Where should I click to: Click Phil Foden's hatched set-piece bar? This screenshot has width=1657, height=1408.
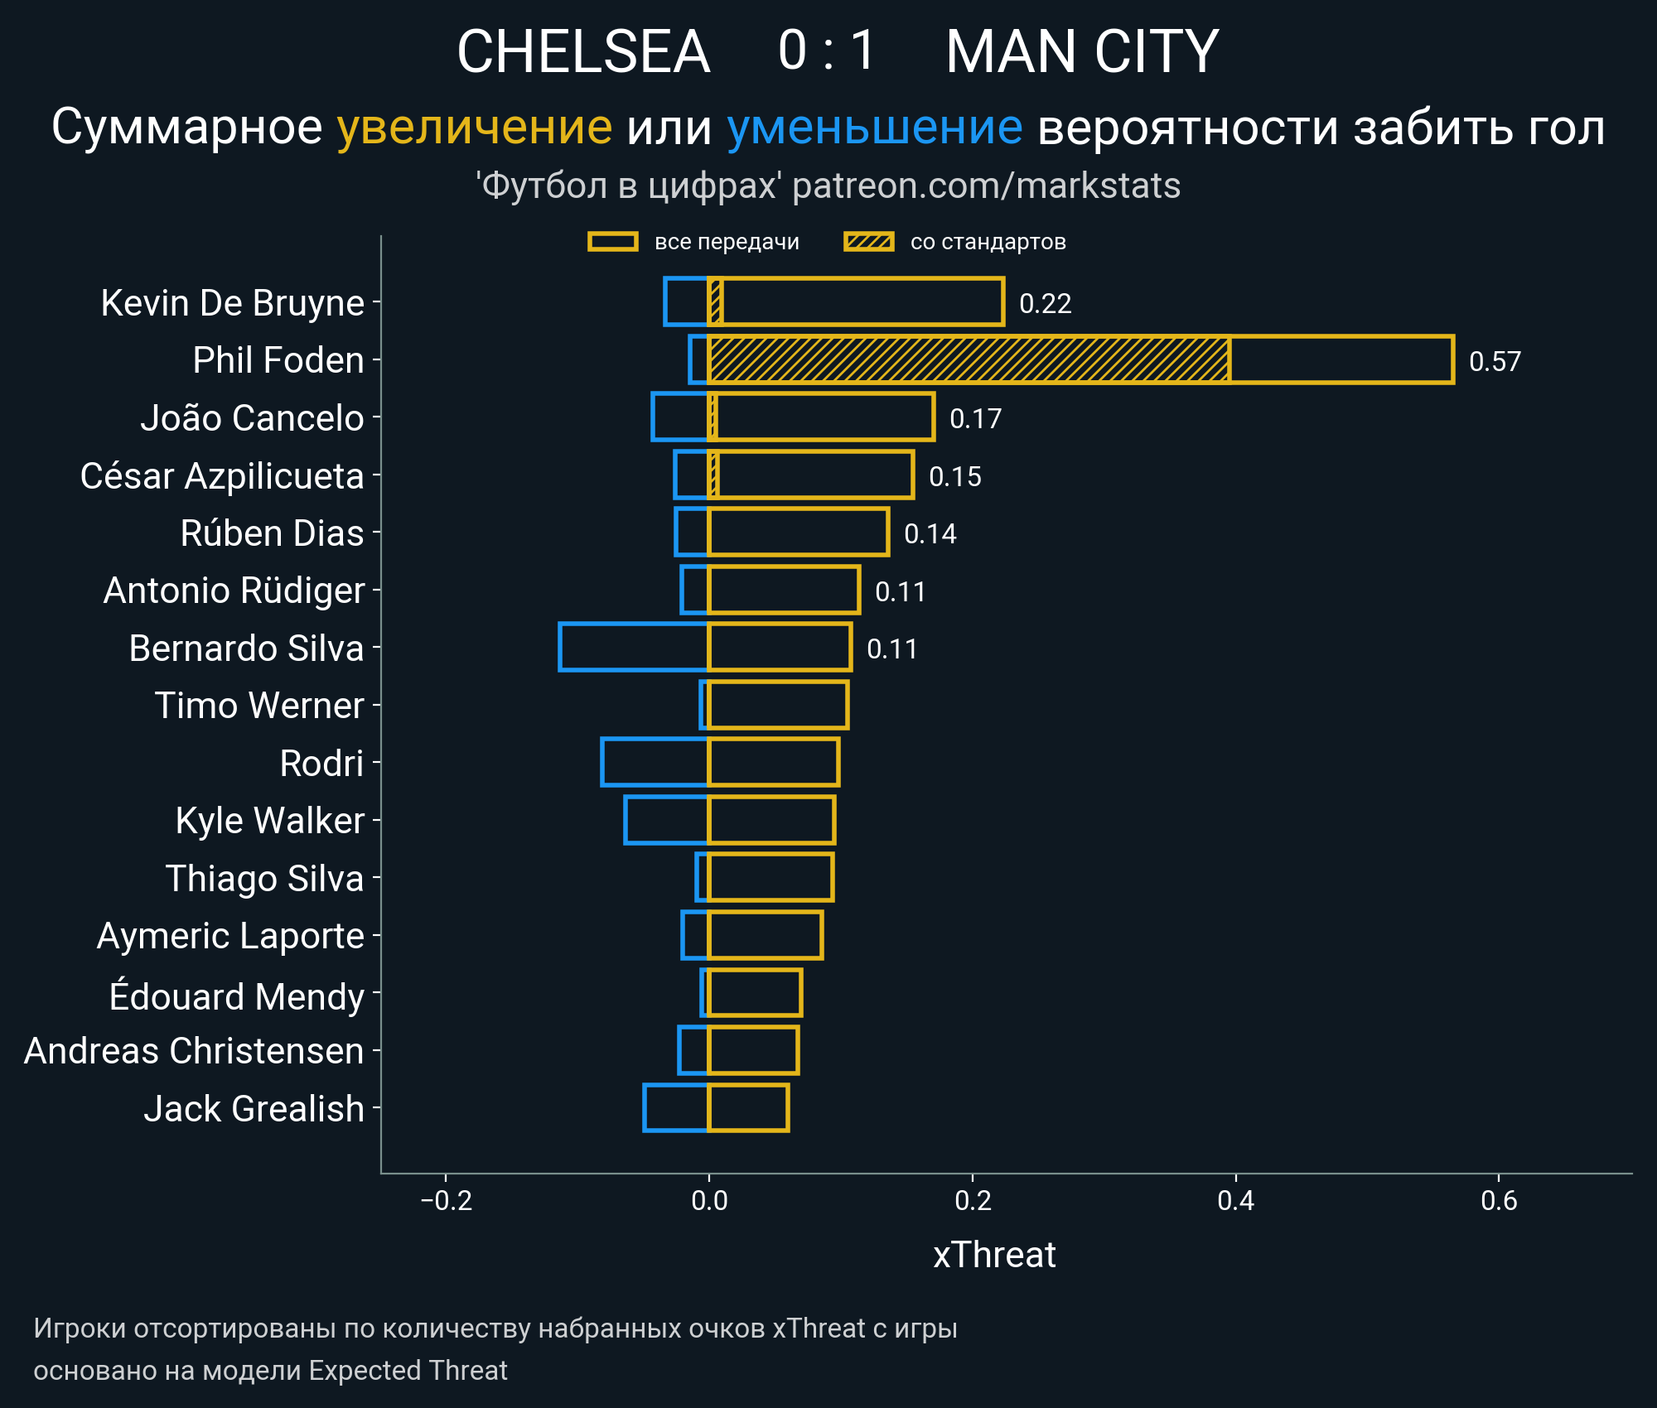tap(969, 359)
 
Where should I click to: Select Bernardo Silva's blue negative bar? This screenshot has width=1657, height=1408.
tap(634, 647)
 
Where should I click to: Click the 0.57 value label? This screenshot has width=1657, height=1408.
tap(1495, 361)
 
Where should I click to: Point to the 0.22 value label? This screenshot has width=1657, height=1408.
tap(1045, 303)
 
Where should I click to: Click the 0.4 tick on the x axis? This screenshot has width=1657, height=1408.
tap(1235, 1200)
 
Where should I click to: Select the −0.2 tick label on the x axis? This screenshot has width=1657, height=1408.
tap(446, 1200)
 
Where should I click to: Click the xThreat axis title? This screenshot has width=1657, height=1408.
tap(994, 1255)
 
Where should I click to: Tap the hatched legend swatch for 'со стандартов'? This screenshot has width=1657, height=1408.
tap(868, 242)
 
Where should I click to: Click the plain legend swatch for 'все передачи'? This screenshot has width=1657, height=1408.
tap(612, 242)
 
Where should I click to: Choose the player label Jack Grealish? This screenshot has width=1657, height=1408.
tap(254, 1108)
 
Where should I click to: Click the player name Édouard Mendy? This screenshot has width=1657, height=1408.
tap(236, 996)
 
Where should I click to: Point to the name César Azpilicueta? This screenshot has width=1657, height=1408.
tap(222, 475)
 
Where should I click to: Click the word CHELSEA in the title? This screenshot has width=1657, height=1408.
tap(583, 51)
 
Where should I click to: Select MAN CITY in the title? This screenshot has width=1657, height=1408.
tap(1082, 51)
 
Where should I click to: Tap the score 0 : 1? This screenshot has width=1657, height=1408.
tap(827, 51)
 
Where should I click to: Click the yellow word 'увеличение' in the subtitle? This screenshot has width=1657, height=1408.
tap(474, 127)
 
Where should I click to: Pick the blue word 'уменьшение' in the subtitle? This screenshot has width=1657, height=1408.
tap(874, 127)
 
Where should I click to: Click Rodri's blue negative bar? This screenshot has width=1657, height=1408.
tap(655, 762)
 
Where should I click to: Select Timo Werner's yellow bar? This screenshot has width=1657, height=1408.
tap(778, 705)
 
